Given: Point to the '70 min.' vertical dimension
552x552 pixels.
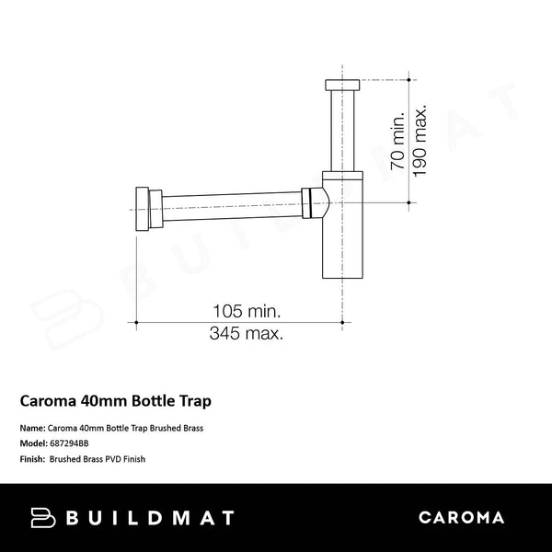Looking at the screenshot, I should pyautogui.click(x=398, y=141).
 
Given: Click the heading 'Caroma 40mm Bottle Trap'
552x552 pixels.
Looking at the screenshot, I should pyautogui.click(x=120, y=401).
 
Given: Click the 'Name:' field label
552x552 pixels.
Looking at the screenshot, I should pyautogui.click(x=31, y=429).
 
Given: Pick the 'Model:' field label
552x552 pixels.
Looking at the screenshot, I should pyautogui.click(x=33, y=443).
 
